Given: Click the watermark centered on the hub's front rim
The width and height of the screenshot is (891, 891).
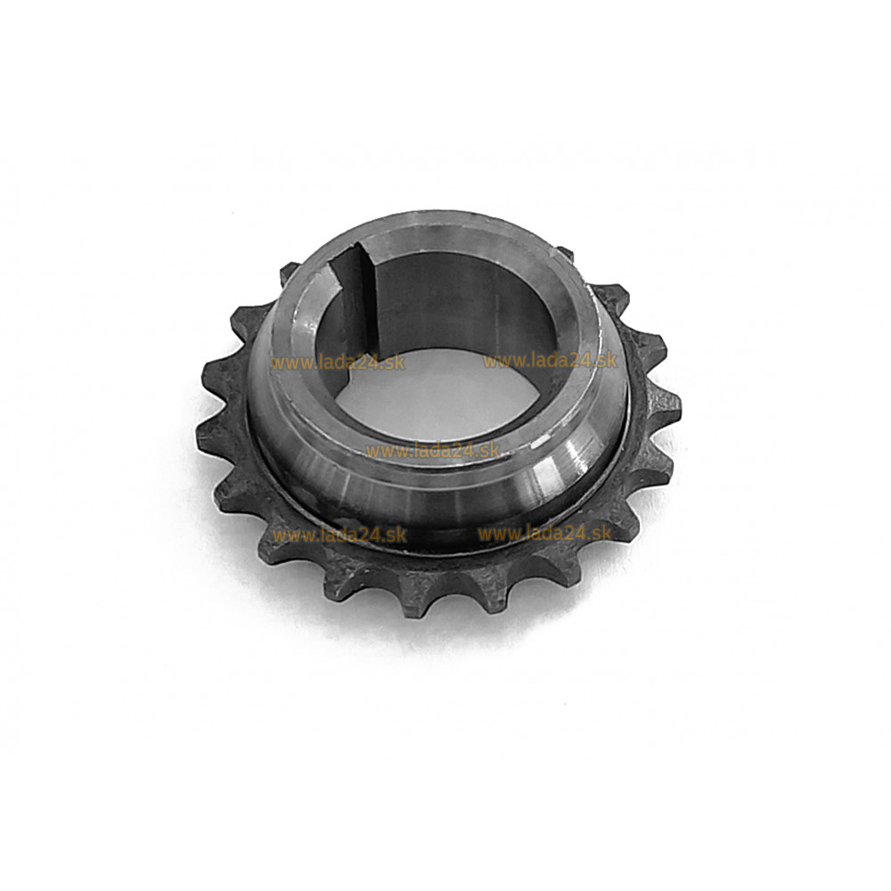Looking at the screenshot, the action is (x=432, y=451).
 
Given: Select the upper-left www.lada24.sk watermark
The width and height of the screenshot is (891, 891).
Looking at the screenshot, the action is (x=338, y=363).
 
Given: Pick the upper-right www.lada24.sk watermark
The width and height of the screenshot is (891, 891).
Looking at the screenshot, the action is (x=550, y=360).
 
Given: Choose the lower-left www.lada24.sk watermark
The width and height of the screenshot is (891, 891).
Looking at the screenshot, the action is (x=339, y=535).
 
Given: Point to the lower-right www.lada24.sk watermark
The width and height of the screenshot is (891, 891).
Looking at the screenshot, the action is (x=544, y=533).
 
